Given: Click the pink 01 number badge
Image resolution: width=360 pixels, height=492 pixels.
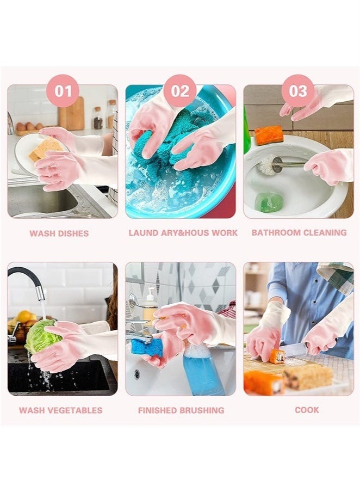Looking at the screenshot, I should pyautogui.click(x=63, y=90).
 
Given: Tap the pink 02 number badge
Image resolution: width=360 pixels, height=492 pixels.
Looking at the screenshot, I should pyautogui.click(x=180, y=90).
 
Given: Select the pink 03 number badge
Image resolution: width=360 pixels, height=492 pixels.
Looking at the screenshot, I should pyautogui.click(x=297, y=90).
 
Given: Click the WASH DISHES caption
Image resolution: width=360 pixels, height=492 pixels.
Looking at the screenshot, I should pyautogui.click(x=59, y=233).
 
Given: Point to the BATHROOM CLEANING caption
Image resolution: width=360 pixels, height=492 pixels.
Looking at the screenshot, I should pyautogui.click(x=299, y=232).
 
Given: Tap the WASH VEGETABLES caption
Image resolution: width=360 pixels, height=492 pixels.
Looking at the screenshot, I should pyautogui.click(x=60, y=410).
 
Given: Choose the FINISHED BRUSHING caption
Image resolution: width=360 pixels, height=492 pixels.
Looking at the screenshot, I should pyautogui.click(x=181, y=410).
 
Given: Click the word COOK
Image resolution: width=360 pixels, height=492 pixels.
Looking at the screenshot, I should pyautogui.click(x=307, y=410).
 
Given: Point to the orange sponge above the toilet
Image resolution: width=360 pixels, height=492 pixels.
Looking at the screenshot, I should pyautogui.click(x=269, y=134).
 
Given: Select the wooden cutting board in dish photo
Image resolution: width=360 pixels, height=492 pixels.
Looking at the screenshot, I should pyautogui.click(x=71, y=114).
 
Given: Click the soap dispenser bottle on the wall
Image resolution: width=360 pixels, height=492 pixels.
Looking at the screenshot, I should pyautogui.click(x=150, y=305).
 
